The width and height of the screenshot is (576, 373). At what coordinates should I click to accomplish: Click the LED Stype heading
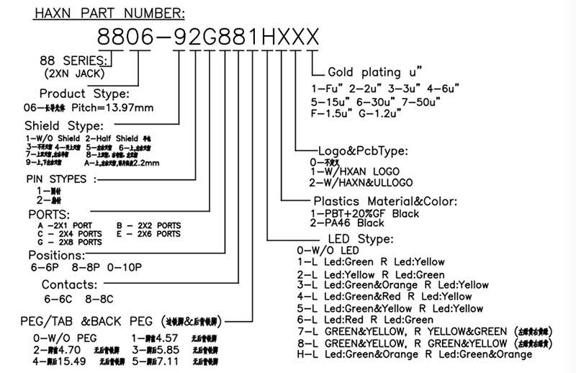361,238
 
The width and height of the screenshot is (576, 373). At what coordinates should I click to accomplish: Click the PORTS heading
48,214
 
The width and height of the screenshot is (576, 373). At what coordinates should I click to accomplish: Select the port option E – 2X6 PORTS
148,234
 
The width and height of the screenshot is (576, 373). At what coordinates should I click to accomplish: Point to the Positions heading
57,255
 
